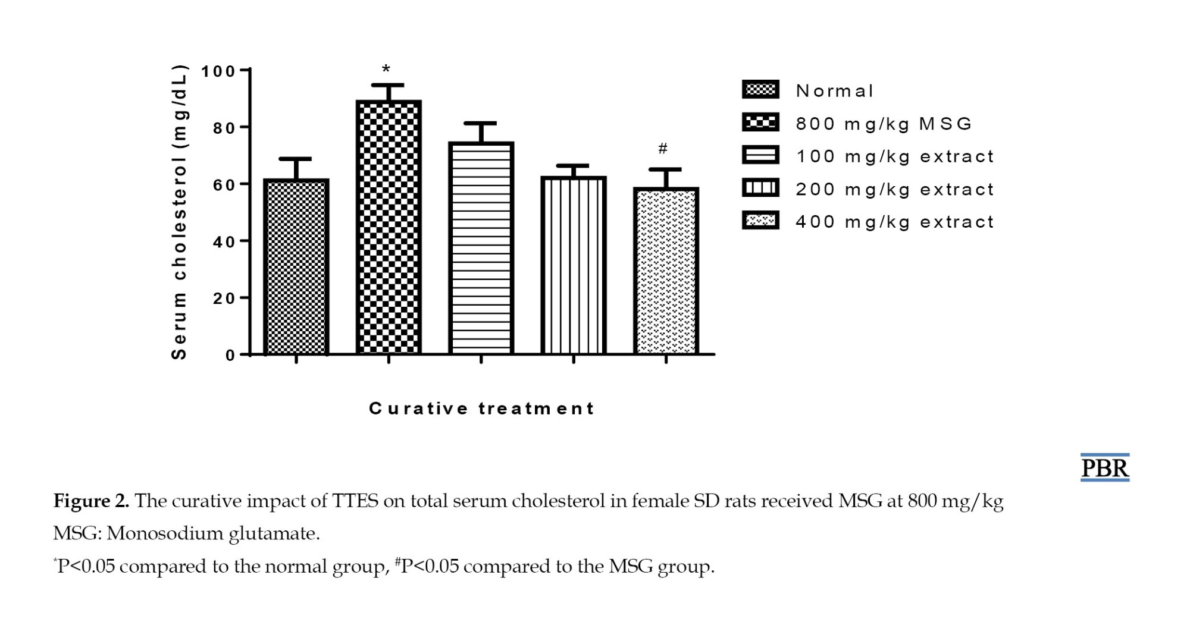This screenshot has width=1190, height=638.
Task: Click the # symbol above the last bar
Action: (663, 148)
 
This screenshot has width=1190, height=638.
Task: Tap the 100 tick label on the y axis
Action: (218, 71)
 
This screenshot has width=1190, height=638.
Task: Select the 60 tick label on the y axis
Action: (224, 185)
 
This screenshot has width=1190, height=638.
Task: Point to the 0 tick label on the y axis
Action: (230, 356)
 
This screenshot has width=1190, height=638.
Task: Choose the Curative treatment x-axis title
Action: (481, 408)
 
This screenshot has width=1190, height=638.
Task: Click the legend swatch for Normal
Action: (760, 90)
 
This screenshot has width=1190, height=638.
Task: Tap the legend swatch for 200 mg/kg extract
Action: (760, 188)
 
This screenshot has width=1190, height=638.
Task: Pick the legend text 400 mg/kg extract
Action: (894, 222)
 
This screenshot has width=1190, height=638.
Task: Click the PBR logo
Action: (1104, 468)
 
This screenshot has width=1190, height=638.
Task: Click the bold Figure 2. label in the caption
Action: (91, 501)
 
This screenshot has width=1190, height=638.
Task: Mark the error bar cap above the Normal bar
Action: (295, 159)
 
